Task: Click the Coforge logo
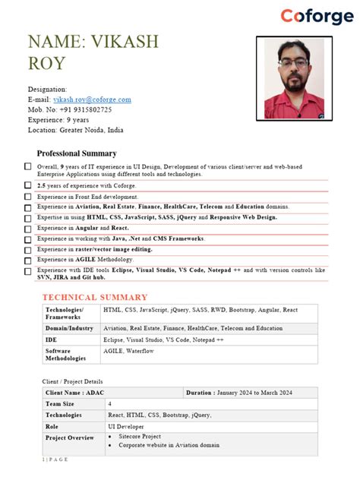(x=317, y=16)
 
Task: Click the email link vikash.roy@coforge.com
(x=92, y=99)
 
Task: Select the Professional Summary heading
(x=77, y=153)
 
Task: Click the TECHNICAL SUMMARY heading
(x=95, y=297)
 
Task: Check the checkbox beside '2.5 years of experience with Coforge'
(x=28, y=185)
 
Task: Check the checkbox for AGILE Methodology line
(x=28, y=260)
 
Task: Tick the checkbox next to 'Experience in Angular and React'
(x=28, y=228)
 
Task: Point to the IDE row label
(x=52, y=339)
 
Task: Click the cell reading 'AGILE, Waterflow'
(x=128, y=352)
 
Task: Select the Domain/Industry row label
(x=69, y=328)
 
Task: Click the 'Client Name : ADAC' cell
(x=74, y=393)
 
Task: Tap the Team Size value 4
(x=109, y=404)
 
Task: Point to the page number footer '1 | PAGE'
(x=55, y=460)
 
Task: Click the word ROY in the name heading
(x=46, y=63)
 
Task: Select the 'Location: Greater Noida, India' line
(x=76, y=130)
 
